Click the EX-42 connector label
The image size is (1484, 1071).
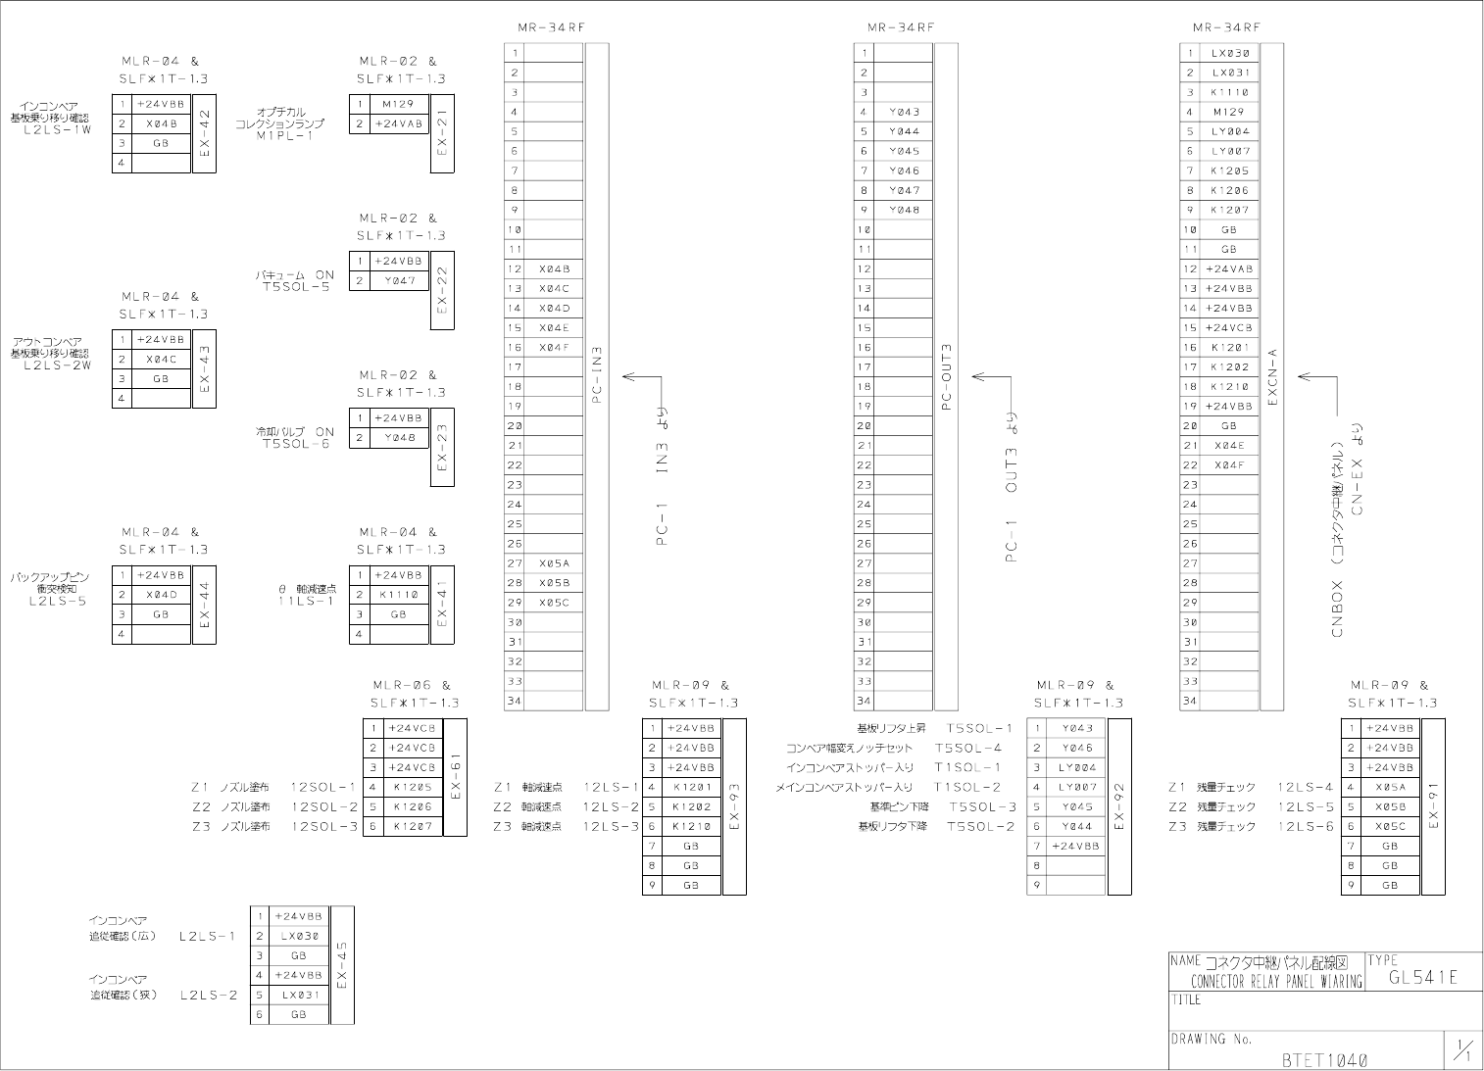(205, 133)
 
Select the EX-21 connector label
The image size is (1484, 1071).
(442, 133)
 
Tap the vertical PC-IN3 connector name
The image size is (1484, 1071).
(597, 375)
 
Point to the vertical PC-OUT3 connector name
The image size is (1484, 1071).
(946, 375)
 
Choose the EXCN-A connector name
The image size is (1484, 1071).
(1272, 375)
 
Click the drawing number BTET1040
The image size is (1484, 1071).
(1324, 1059)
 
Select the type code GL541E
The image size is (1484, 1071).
(1423, 977)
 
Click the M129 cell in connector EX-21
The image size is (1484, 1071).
(399, 104)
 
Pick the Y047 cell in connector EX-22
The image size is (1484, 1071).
(399, 281)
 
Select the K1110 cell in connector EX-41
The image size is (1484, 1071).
(399, 595)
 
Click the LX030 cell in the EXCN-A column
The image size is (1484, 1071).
(1229, 53)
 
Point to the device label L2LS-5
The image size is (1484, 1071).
(58, 601)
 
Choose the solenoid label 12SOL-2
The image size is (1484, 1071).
(324, 806)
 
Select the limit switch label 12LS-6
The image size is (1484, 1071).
(1305, 826)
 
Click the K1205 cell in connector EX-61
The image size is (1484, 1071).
(413, 787)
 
